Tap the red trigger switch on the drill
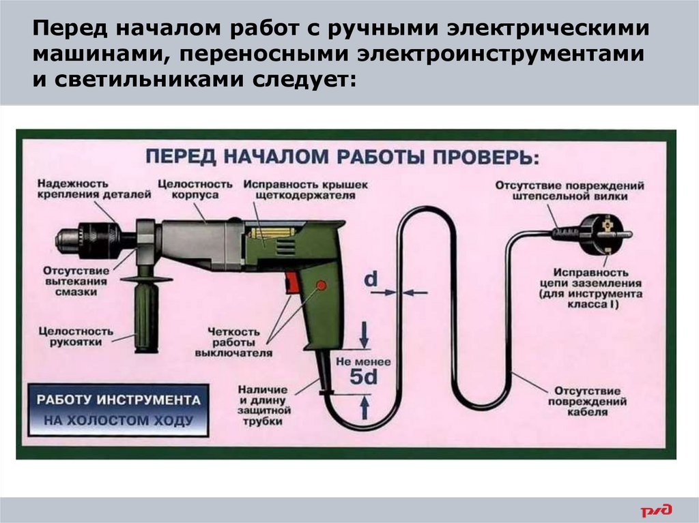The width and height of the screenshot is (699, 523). click(x=291, y=283)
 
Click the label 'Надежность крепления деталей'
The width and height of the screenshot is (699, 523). click(x=94, y=189)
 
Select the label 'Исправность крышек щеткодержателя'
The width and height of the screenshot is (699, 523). click(x=305, y=190)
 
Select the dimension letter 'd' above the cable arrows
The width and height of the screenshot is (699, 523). click(x=370, y=280)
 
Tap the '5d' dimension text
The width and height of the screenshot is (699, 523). click(x=363, y=377)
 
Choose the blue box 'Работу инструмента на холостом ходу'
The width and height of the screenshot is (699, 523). click(x=114, y=409)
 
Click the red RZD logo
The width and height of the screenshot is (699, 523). click(x=656, y=509)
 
